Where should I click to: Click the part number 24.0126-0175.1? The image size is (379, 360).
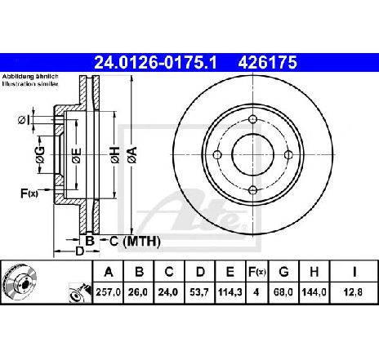[x=155, y=62]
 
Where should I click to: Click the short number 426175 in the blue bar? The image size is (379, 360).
[x=267, y=62]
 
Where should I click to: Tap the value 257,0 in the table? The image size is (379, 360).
[x=108, y=292]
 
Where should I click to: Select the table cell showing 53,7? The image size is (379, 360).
[x=200, y=292]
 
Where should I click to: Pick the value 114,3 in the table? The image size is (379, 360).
[x=230, y=292]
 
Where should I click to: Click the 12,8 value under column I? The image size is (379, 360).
[x=354, y=292]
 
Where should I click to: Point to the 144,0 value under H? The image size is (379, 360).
[x=314, y=292]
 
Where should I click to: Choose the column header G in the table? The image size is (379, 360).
[x=283, y=272]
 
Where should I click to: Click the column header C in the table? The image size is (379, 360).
[x=169, y=272]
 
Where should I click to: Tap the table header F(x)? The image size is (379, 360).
[x=256, y=272]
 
